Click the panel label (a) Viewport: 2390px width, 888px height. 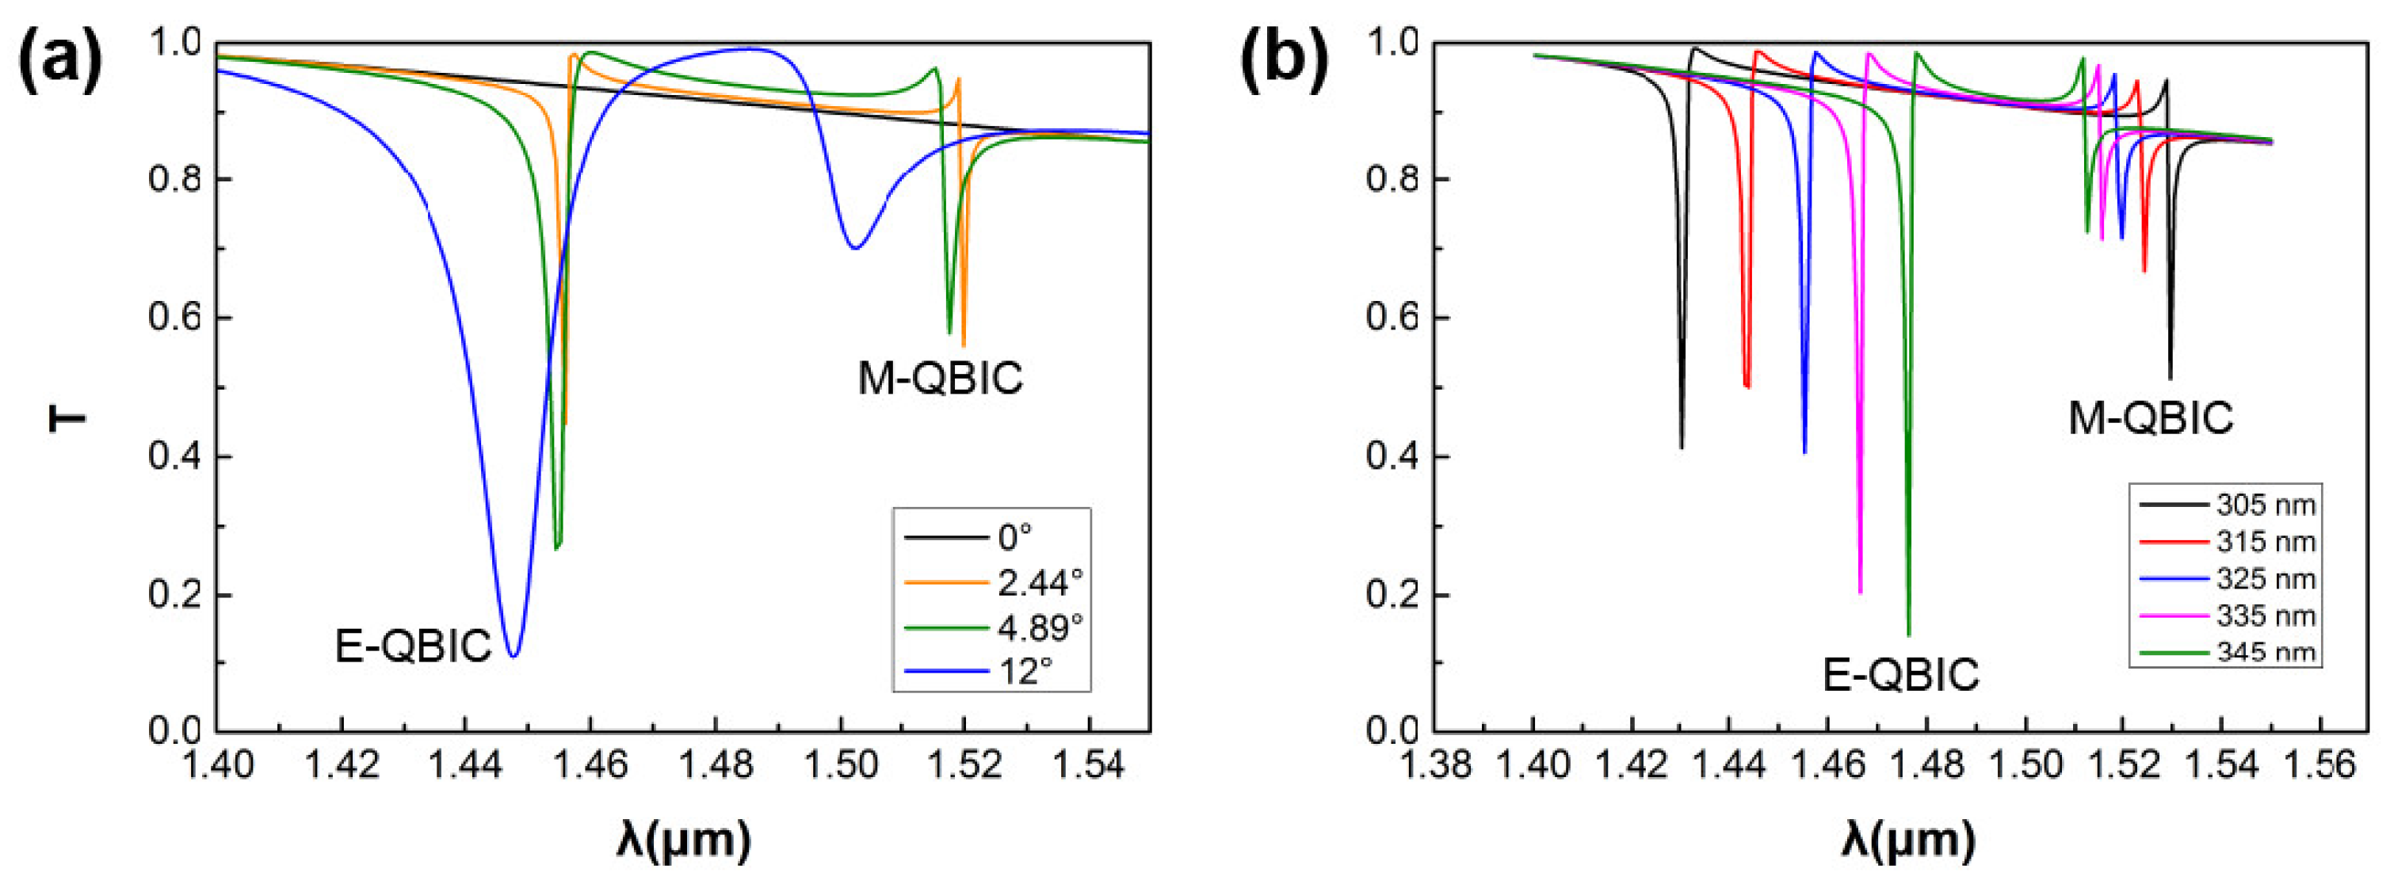click(59, 63)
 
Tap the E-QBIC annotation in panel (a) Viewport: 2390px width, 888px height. click(413, 646)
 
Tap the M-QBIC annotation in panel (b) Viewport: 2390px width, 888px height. click(2150, 418)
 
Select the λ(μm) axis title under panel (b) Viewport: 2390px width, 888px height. click(1907, 840)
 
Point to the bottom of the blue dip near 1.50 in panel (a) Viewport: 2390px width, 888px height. click(854, 248)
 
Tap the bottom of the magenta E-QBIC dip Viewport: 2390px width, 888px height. click(1860, 592)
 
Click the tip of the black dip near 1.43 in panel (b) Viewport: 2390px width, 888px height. click(1682, 448)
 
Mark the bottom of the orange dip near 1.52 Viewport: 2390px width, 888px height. click(963, 345)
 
